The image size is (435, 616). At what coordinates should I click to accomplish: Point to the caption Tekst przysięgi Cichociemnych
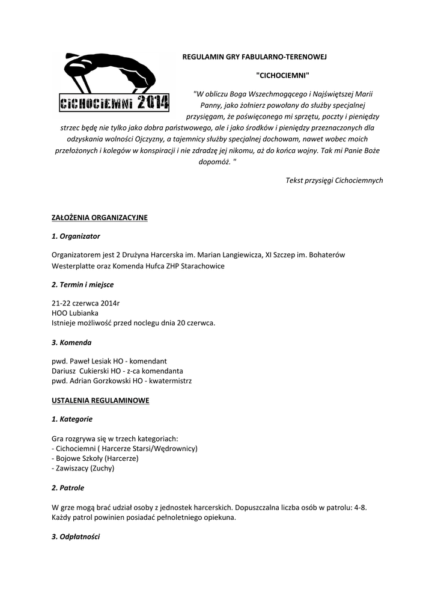(334, 180)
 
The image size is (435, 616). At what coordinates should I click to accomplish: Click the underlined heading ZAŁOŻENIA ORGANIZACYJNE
(100, 217)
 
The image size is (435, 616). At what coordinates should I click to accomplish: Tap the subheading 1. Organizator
(76, 236)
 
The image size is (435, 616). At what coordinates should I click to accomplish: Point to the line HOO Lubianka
(75, 313)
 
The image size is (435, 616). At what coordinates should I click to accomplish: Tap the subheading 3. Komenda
(72, 342)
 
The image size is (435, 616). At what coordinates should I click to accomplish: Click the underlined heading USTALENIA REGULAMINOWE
(100, 400)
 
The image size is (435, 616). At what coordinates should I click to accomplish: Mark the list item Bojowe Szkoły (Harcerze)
(96, 458)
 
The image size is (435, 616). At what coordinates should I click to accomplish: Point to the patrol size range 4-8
(360, 507)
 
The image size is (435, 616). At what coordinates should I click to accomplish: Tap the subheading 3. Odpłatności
(76, 536)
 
